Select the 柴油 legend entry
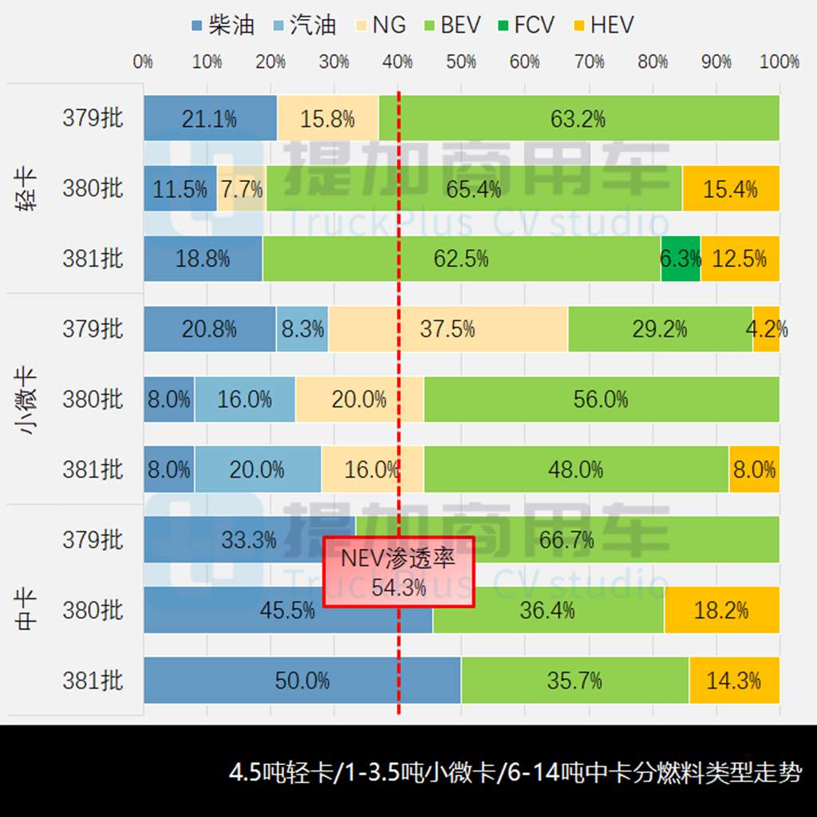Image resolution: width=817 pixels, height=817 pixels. click(223, 25)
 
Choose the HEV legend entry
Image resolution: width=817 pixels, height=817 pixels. click(604, 25)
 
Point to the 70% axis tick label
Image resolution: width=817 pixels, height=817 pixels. click(589, 61)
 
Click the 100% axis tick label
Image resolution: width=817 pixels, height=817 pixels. click(779, 61)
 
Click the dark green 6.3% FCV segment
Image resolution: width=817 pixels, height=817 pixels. click(681, 259)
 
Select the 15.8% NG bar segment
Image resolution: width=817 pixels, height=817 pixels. click(328, 119)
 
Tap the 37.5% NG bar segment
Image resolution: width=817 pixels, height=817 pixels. click(448, 329)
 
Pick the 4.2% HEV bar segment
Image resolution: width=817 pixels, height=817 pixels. click(766, 329)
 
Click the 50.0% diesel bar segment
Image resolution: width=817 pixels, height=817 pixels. click(302, 681)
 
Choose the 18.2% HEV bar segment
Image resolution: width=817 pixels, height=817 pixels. click(721, 610)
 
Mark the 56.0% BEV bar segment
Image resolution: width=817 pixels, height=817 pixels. click(601, 399)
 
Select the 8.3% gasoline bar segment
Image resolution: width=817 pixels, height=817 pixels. click(302, 329)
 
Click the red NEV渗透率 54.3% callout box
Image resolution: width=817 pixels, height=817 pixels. click(399, 571)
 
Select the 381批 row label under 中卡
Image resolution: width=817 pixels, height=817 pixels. click(93, 681)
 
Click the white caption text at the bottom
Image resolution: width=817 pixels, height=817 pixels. click(515, 773)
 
